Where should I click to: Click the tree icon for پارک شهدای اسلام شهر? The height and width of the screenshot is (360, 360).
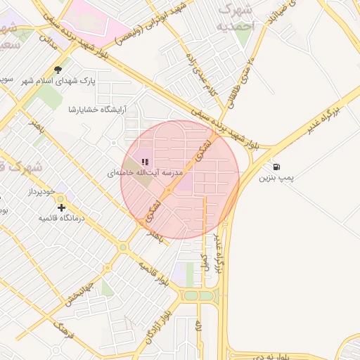pos(58,70)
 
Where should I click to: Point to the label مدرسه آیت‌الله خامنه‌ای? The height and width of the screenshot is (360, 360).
pos(145,173)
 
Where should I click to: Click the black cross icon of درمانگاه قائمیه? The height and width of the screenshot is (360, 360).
pos(62,207)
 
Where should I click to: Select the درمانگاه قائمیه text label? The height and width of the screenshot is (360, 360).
pos(61,219)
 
